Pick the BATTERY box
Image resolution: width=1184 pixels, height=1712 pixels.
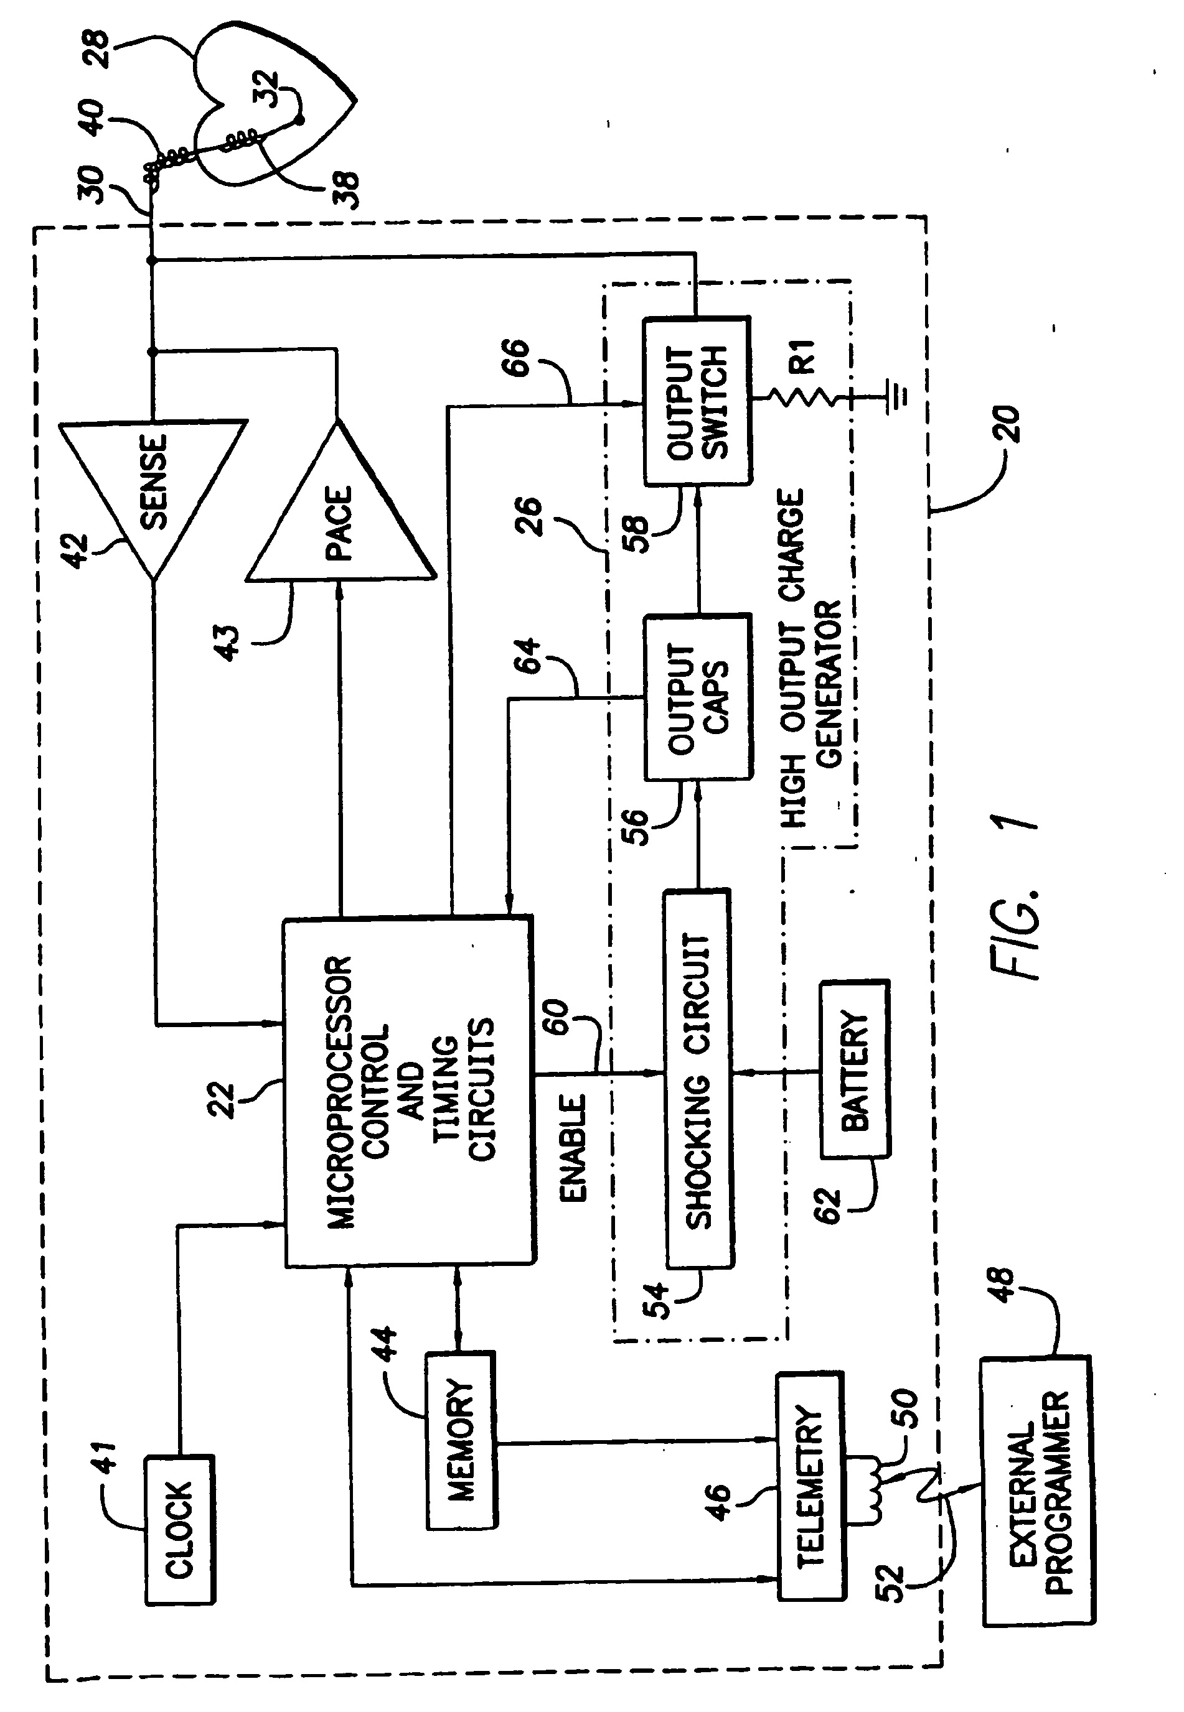pyautogui.click(x=855, y=1069)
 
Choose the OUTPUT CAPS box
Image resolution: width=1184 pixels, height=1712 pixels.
pyautogui.click(x=697, y=697)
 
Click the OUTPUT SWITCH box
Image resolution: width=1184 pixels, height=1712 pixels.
pyautogui.click(x=697, y=401)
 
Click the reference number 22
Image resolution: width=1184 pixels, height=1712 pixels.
pyautogui.click(x=223, y=1100)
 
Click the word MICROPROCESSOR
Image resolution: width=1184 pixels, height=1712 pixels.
pyautogui.click(x=340, y=1093)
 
